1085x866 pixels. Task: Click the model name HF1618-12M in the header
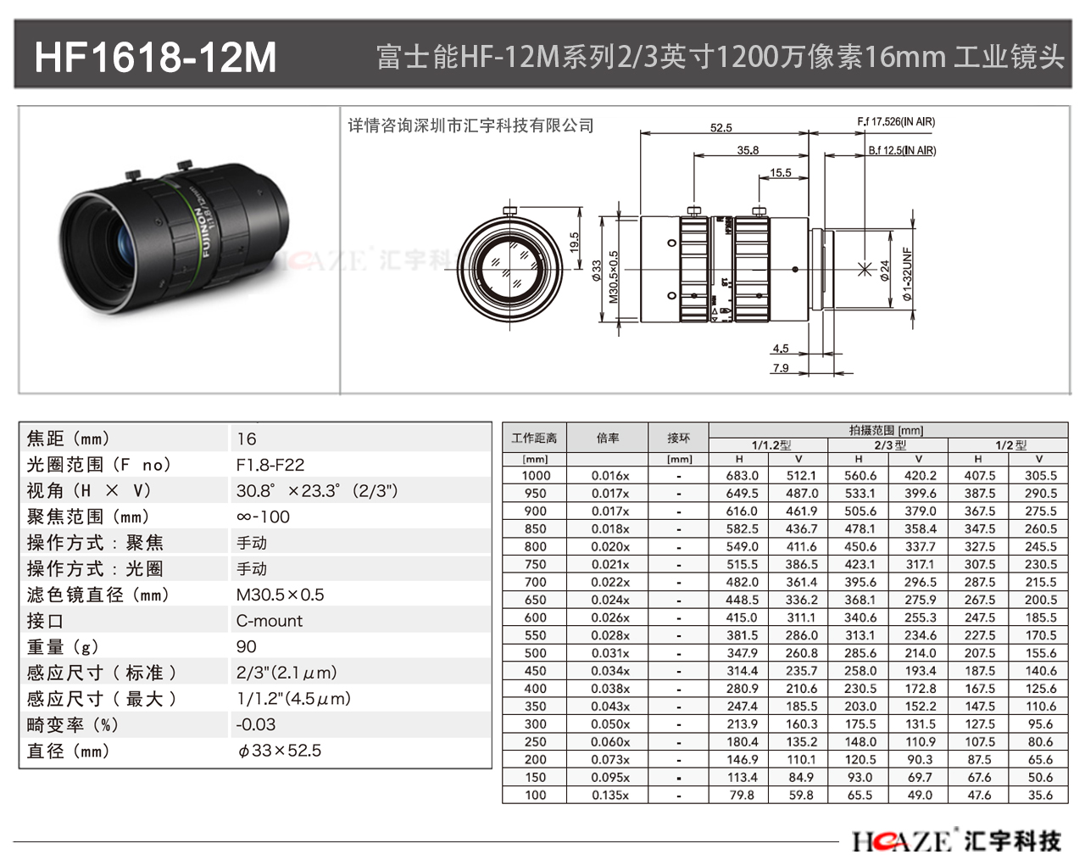click(x=155, y=57)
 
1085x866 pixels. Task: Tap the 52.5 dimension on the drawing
click(x=721, y=128)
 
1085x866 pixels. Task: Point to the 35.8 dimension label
click(x=748, y=150)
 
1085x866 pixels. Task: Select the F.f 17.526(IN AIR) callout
click(x=896, y=121)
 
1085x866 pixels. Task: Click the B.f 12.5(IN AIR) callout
click(x=902, y=150)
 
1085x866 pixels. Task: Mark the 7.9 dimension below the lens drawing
click(x=781, y=368)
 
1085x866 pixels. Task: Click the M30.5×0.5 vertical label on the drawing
click(x=613, y=277)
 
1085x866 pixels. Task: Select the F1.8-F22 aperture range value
click(x=270, y=465)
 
